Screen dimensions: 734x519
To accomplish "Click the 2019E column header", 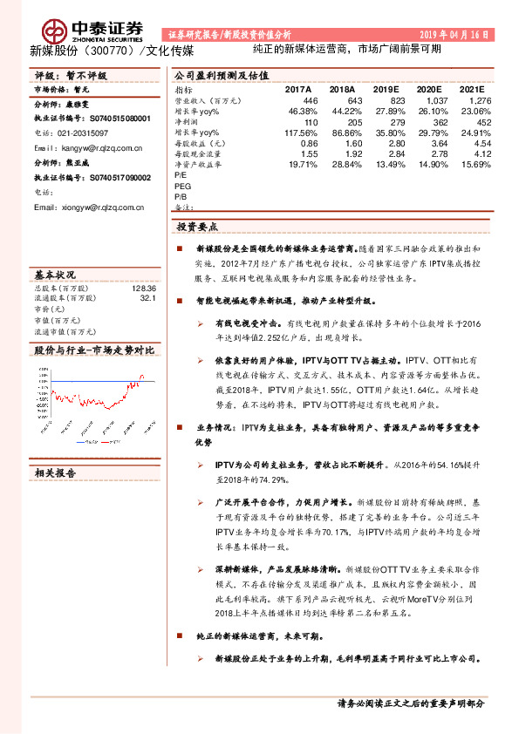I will [378, 90].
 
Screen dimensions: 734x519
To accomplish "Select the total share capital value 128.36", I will [143, 288].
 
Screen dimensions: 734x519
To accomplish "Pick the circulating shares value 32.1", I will [147, 298].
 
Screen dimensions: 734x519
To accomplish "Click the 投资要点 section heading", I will [197, 226].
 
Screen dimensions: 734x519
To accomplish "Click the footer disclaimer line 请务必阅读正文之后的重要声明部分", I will [411, 703].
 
